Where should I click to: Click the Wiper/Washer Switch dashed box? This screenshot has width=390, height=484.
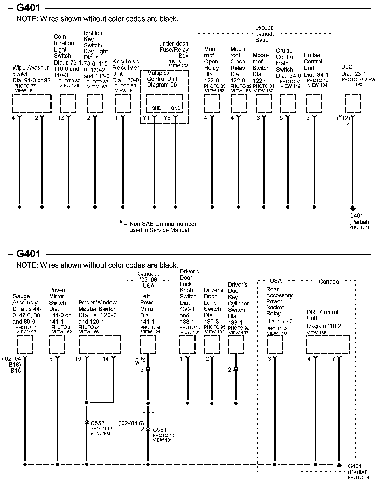[x=32, y=104]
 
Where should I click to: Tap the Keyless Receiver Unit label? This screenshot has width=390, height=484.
[x=126, y=68]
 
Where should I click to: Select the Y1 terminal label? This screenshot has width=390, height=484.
[x=146, y=118]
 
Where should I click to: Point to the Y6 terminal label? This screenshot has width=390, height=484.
[x=167, y=118]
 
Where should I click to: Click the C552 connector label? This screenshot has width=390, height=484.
[x=97, y=423]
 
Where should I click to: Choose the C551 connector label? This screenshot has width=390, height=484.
[x=159, y=430]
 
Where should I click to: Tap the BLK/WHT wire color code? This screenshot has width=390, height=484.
[x=140, y=361]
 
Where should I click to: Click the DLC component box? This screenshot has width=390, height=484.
[x=352, y=104]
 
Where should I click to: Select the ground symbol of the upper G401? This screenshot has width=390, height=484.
[x=352, y=208]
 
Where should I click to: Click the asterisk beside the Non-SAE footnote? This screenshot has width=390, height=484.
[x=121, y=222]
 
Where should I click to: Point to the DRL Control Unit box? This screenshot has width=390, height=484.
[x=328, y=344]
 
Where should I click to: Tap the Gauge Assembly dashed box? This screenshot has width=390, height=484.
[x=25, y=344]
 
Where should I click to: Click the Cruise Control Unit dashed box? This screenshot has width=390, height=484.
[x=314, y=104]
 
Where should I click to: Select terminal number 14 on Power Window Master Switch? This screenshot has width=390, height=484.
[x=106, y=359]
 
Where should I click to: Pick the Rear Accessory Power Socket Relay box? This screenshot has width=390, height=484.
[x=275, y=344]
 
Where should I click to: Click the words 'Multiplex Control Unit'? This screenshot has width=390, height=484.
[x=162, y=76]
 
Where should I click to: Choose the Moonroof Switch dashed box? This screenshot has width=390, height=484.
[x=264, y=104]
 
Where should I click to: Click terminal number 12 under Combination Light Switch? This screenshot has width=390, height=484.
[x=61, y=118]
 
